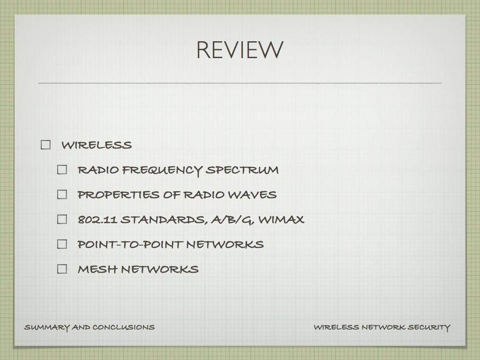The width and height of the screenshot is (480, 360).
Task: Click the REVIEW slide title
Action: click(x=240, y=50)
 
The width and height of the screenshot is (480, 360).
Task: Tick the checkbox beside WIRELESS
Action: click(x=45, y=145)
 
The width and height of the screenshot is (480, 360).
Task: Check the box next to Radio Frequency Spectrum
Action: click(x=62, y=170)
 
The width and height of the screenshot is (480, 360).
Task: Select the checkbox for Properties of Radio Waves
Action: click(x=62, y=195)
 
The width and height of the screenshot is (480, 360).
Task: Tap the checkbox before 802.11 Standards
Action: click(x=62, y=219)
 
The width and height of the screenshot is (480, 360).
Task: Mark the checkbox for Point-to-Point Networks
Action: click(x=62, y=244)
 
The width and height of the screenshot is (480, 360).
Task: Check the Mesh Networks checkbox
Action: click(x=62, y=269)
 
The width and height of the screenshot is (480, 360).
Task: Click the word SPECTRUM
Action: click(x=242, y=170)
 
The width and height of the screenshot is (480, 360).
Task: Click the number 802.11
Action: click(x=97, y=219)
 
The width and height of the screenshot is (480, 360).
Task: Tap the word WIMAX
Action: click(x=281, y=219)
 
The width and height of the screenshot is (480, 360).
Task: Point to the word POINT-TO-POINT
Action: click(x=130, y=244)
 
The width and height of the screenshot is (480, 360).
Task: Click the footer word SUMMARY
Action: click(x=47, y=328)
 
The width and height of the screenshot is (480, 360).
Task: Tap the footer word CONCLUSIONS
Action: click(x=124, y=327)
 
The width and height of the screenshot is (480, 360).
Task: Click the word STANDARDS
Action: click(x=165, y=220)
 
